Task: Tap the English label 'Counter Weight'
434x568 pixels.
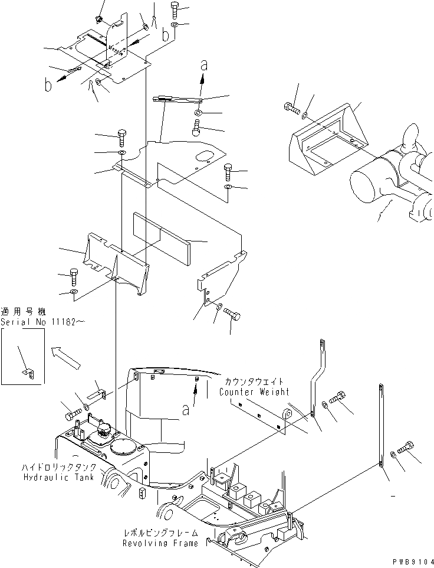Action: pos(254,392)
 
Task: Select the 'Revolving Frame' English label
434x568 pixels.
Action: pos(160,543)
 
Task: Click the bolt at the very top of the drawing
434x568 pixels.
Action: pos(175,9)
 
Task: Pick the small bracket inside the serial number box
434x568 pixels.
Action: pos(28,372)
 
